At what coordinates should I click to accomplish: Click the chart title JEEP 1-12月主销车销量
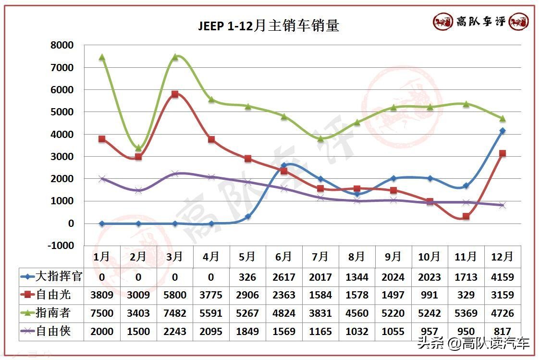(x=269, y=25)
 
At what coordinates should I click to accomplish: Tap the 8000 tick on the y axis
(x=62, y=45)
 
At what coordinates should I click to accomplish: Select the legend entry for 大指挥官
(x=52, y=277)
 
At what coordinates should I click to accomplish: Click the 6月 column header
(x=284, y=257)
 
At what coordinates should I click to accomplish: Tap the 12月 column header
(x=503, y=257)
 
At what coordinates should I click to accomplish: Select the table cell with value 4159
(x=503, y=277)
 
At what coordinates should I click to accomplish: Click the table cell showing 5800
(x=175, y=295)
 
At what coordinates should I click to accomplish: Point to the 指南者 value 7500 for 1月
(x=102, y=313)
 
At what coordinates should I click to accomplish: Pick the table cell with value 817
(x=503, y=332)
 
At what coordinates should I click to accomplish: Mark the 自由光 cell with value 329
(x=466, y=295)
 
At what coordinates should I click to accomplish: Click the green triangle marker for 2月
(x=138, y=148)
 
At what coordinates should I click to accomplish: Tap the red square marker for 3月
(x=175, y=94)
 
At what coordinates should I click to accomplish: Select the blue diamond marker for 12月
(x=503, y=131)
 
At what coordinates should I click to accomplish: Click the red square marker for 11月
(x=466, y=216)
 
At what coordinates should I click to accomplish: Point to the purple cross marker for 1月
(x=102, y=179)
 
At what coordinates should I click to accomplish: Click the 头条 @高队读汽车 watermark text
(x=473, y=343)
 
